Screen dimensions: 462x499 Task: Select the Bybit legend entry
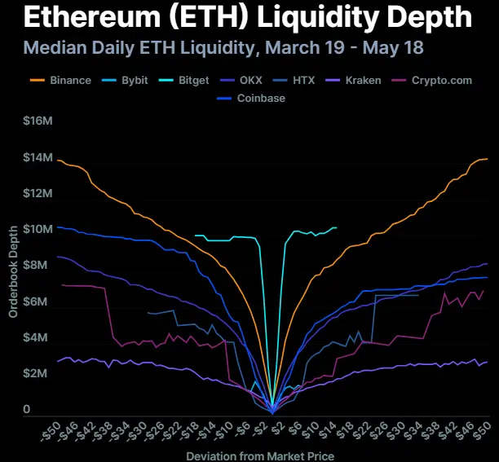click(130, 81)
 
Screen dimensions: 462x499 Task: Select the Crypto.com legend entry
click(440, 81)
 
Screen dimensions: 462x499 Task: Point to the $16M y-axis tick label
click(39, 121)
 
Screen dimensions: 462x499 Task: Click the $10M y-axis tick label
click(39, 229)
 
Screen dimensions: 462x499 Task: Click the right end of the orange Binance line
click(488, 159)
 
